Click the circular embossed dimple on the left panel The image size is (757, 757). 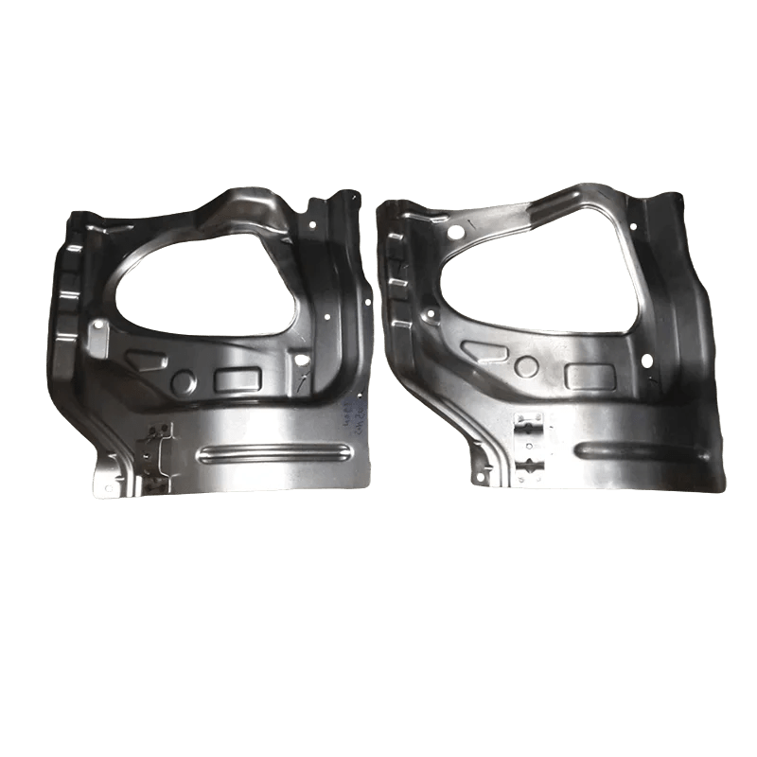[x=183, y=381]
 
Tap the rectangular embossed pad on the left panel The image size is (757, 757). [x=238, y=379]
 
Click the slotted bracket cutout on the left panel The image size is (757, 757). [x=157, y=452]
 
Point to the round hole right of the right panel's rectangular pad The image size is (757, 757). [x=646, y=361]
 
